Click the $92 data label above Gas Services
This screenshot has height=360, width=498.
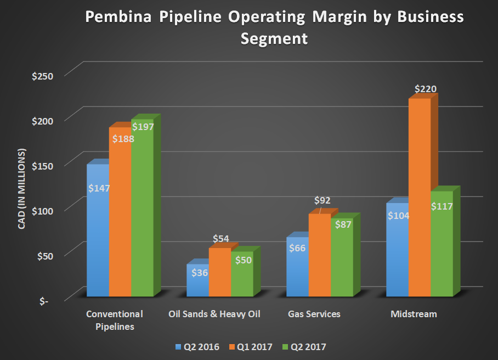tap(322, 201)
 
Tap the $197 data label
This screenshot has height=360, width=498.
tap(143, 127)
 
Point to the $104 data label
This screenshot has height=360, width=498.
tap(398, 215)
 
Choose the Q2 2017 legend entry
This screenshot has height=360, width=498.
tap(307, 347)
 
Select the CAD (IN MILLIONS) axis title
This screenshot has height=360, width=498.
tap(22, 188)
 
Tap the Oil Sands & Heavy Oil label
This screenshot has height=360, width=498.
tap(214, 314)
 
